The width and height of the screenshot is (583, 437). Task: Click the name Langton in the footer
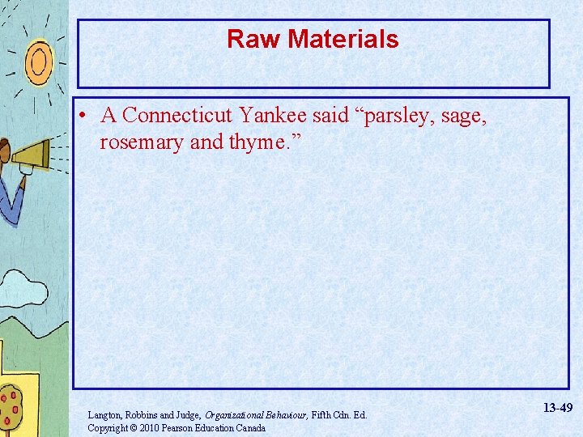(x=105, y=415)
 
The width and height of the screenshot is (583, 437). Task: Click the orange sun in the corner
(x=37, y=58)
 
